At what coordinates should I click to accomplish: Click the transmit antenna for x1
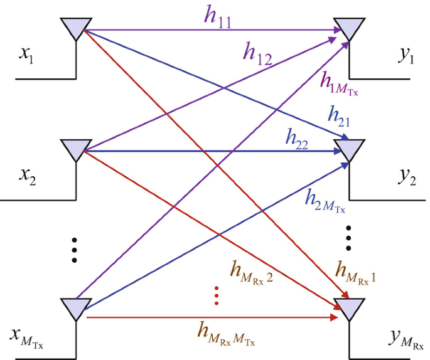pos(75,28)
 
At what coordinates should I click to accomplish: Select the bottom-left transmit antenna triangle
pos(75,307)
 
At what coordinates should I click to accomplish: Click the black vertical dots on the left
pos(75,250)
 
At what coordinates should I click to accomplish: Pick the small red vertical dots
pos(217,295)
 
